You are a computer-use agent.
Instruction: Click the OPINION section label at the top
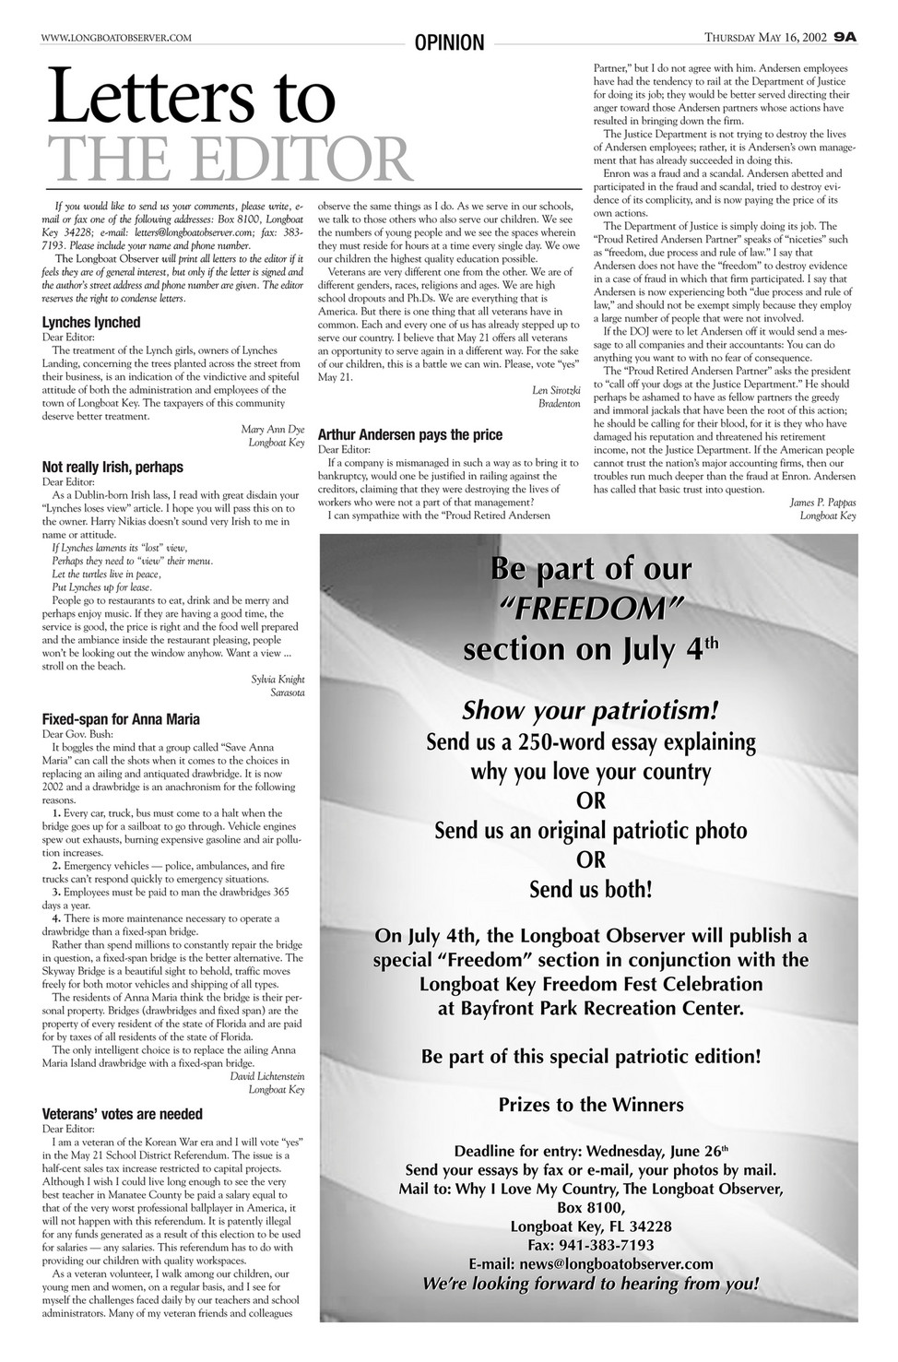[449, 42]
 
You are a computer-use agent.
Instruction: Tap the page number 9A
[845, 37]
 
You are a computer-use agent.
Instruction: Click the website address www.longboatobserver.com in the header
[116, 37]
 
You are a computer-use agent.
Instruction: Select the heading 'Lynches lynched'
[91, 322]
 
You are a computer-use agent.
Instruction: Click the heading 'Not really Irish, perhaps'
[112, 467]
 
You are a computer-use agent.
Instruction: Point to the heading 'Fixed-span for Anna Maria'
[121, 718]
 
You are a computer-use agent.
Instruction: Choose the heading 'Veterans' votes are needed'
[123, 1114]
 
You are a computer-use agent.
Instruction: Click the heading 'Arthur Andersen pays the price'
[409, 434]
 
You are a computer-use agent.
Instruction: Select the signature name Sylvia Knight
[278, 679]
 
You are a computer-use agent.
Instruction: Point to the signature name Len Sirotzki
[552, 390]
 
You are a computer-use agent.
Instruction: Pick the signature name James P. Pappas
[823, 502]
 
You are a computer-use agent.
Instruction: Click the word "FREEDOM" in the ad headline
[591, 609]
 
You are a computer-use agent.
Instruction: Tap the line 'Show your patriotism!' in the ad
[590, 710]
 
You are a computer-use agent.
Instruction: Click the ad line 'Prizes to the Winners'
[591, 1104]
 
